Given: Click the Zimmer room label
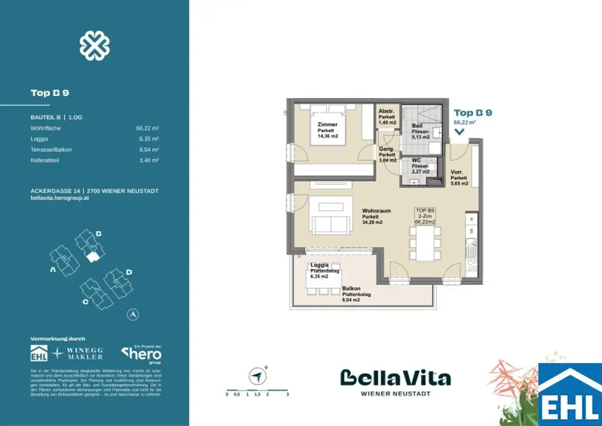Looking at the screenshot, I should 327,130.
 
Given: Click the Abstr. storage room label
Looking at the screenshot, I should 386,116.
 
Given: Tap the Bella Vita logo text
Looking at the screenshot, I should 396,378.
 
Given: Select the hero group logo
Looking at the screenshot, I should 142,355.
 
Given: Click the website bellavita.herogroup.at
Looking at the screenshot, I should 59,198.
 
